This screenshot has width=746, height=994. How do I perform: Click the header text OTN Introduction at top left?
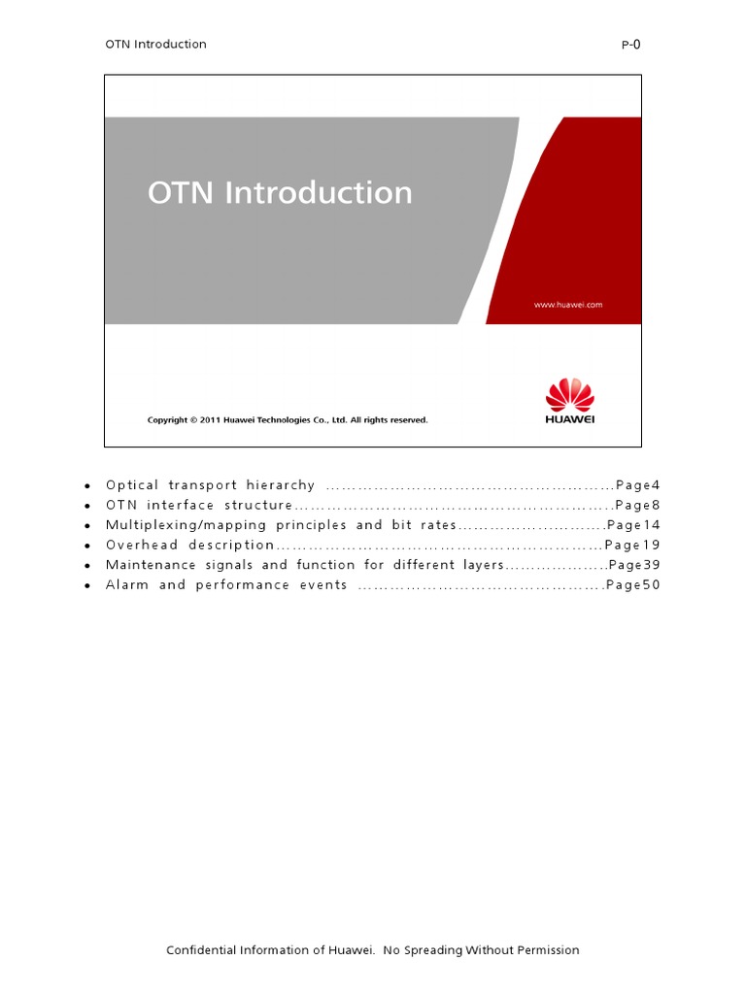(155, 44)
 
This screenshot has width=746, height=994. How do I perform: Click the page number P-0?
(630, 44)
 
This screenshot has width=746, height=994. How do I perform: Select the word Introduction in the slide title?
(319, 192)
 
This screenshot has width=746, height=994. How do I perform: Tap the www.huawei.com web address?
(568, 304)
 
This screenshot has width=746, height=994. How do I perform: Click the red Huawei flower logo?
(569, 394)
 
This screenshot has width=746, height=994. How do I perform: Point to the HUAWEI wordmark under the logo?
(570, 419)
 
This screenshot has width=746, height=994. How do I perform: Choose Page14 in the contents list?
(633, 525)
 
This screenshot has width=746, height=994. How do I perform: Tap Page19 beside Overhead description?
(632, 545)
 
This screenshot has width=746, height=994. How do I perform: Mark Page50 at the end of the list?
(632, 584)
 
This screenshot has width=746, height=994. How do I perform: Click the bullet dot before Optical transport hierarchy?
(88, 485)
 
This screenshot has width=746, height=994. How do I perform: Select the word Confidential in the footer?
(203, 949)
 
